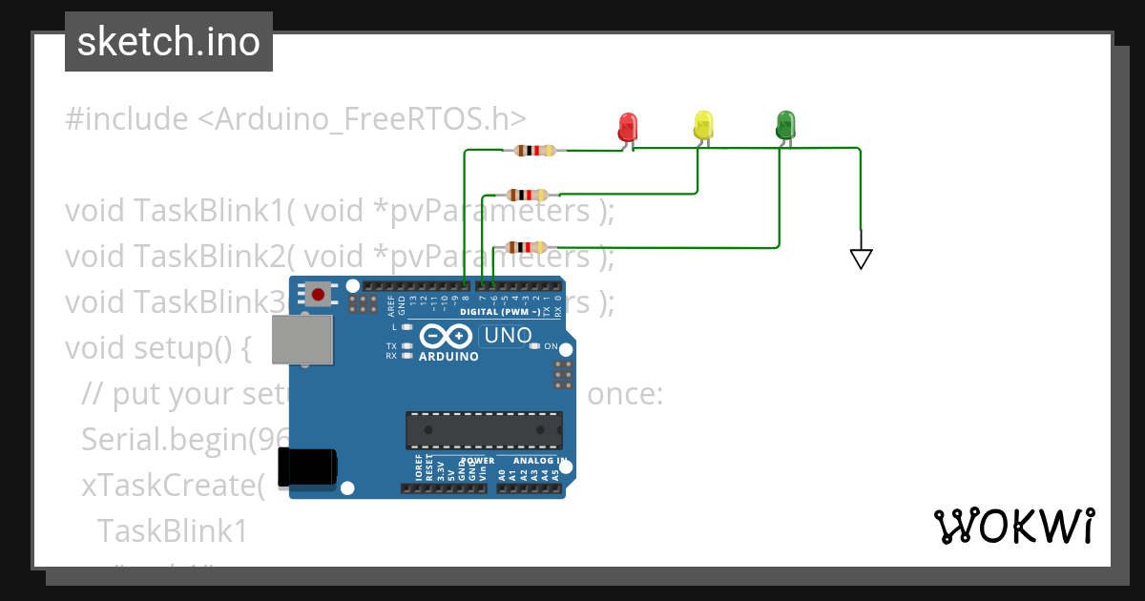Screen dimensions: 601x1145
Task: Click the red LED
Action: point(627,126)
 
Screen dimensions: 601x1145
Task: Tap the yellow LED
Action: point(703,125)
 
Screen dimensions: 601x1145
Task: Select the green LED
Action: point(784,124)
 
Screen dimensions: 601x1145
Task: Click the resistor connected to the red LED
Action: point(533,150)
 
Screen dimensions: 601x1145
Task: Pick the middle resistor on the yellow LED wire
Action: point(527,195)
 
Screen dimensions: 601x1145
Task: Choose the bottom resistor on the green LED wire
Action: point(526,247)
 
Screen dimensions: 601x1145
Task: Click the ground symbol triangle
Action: point(861,258)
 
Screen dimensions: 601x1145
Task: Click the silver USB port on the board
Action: point(302,340)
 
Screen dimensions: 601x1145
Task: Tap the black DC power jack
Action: point(307,466)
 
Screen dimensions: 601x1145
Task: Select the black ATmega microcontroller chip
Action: point(484,430)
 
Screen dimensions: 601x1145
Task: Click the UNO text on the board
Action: point(508,336)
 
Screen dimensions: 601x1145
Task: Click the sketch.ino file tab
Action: point(169,42)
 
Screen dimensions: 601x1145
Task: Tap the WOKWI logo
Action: point(1012,526)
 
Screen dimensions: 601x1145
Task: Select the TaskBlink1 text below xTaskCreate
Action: point(172,530)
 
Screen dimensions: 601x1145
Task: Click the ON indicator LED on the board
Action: point(535,346)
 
